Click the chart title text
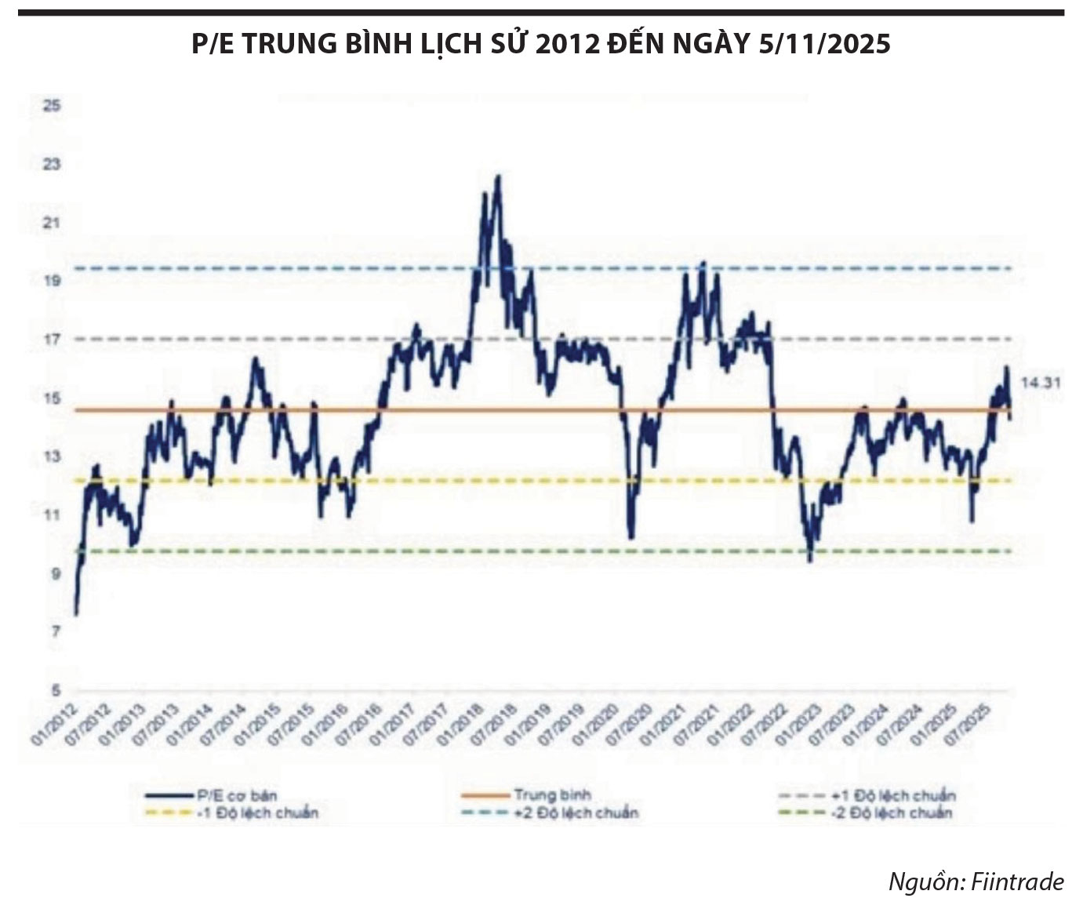click(541, 44)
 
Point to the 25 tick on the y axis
click(52, 105)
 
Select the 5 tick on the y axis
click(55, 691)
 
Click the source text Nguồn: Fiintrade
click(976, 882)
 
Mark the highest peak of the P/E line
click(498, 176)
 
